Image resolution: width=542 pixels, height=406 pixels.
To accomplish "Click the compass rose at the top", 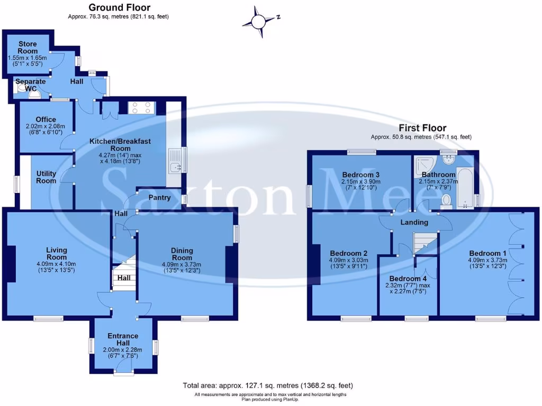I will pos(258,22).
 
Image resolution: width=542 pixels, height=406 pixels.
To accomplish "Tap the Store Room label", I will pos(28,47).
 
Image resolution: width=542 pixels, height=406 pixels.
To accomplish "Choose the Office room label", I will pos(46,119).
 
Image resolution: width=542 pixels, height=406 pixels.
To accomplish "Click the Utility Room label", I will pos(46,177).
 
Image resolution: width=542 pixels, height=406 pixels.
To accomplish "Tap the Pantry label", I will pos(159,198).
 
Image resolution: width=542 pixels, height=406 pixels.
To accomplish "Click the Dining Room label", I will pos(182,254).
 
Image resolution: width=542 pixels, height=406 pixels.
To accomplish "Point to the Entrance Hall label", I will pos(123,339).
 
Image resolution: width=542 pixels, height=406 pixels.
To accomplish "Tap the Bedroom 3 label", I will pos(360,175).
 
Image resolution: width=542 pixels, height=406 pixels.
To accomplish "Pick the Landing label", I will pos(414,223).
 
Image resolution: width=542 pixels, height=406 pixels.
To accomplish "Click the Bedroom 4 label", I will pos(408,279).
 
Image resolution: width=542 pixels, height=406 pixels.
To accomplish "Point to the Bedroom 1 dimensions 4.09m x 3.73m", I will pos(487,263).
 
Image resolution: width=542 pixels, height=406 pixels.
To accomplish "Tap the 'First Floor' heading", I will pos(422,128).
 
